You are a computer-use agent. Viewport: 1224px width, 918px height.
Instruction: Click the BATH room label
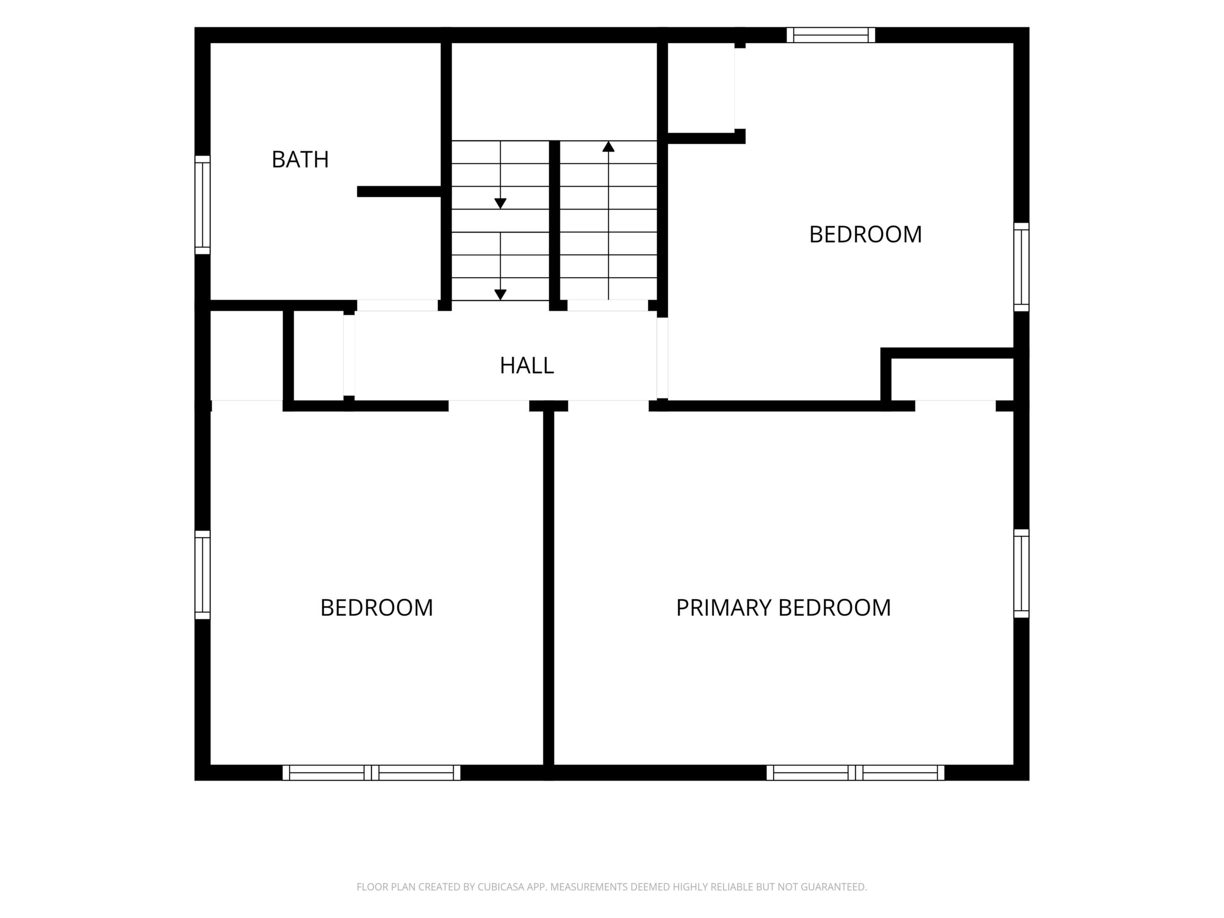(300, 160)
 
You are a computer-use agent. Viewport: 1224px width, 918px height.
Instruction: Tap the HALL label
(527, 366)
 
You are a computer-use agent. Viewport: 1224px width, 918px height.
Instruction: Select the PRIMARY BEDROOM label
(783, 608)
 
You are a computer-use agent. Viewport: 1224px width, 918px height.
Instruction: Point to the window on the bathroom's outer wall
(203, 205)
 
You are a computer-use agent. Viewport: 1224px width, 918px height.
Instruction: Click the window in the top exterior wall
(831, 35)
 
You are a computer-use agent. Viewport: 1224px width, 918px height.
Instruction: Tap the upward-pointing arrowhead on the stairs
(608, 147)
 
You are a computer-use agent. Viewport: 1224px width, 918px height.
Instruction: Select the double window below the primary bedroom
(855, 772)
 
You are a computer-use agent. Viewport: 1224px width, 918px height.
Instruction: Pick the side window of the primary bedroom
(1021, 573)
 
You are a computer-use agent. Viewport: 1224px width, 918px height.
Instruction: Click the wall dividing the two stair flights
(555, 225)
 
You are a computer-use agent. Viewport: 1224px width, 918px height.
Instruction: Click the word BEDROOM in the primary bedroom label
(835, 608)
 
